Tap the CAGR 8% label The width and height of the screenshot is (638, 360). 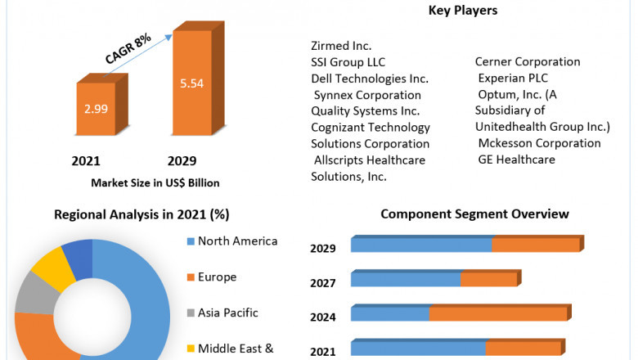[128, 51]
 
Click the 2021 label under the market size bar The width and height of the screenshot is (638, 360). [85, 161]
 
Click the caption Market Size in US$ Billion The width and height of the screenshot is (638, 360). [155, 182]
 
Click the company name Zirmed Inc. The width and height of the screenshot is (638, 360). [342, 46]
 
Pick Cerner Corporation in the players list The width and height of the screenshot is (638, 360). [528, 62]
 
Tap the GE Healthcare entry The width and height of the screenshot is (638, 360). [517, 160]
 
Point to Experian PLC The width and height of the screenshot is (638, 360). [514, 79]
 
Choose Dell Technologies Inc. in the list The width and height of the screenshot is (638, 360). [370, 79]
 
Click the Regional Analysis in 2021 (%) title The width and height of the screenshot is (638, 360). [142, 215]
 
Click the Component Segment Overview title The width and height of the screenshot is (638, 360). [474, 214]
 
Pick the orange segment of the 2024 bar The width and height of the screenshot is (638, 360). [497, 313]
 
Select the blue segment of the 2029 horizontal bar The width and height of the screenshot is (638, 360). [421, 245]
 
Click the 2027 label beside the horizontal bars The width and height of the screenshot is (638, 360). [323, 283]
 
